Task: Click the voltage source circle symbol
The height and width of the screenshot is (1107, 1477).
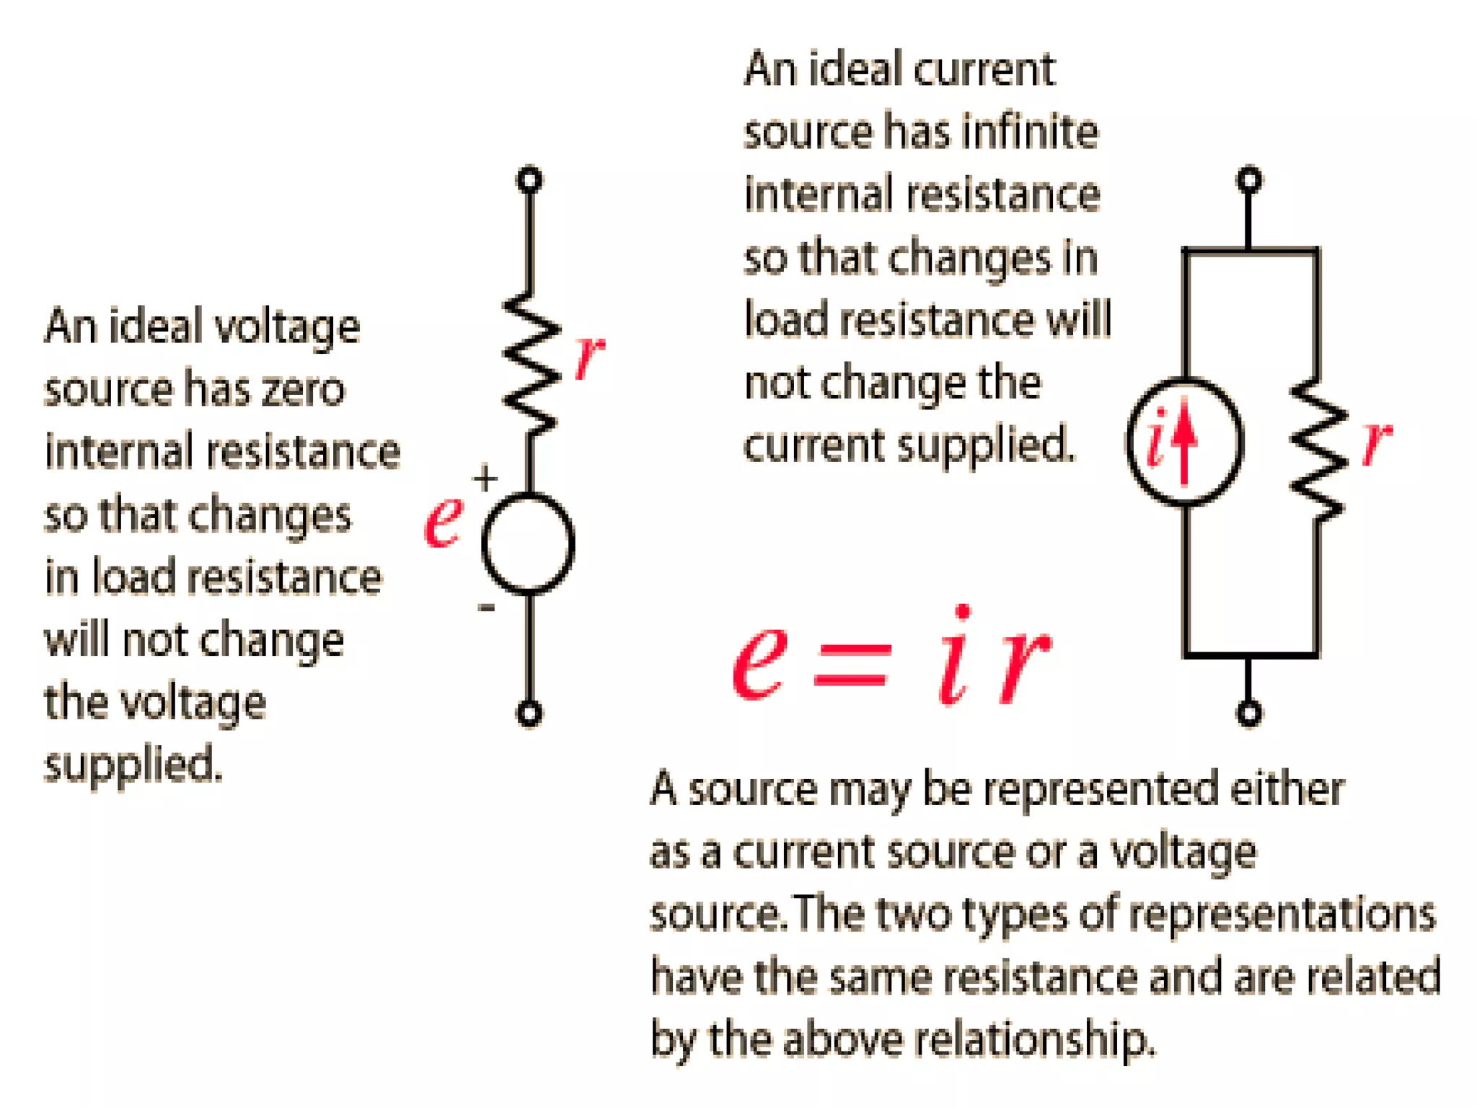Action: click(x=528, y=544)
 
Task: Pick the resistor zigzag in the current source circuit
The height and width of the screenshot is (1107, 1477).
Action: click(x=1318, y=450)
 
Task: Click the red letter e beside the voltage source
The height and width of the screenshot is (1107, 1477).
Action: click(x=444, y=521)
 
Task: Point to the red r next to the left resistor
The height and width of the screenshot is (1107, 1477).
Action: click(x=589, y=355)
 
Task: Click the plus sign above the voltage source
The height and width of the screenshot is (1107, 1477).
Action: click(x=485, y=478)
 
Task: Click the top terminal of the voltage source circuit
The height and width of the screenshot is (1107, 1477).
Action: click(x=529, y=179)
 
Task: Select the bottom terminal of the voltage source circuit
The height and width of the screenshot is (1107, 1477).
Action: click(x=529, y=713)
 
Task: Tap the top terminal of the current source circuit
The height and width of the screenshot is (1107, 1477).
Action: click(x=1249, y=179)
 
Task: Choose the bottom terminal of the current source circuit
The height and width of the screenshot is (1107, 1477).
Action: click(x=1249, y=713)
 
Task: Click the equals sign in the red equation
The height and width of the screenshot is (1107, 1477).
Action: click(x=851, y=664)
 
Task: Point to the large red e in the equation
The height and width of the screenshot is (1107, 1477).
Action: click(x=759, y=659)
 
